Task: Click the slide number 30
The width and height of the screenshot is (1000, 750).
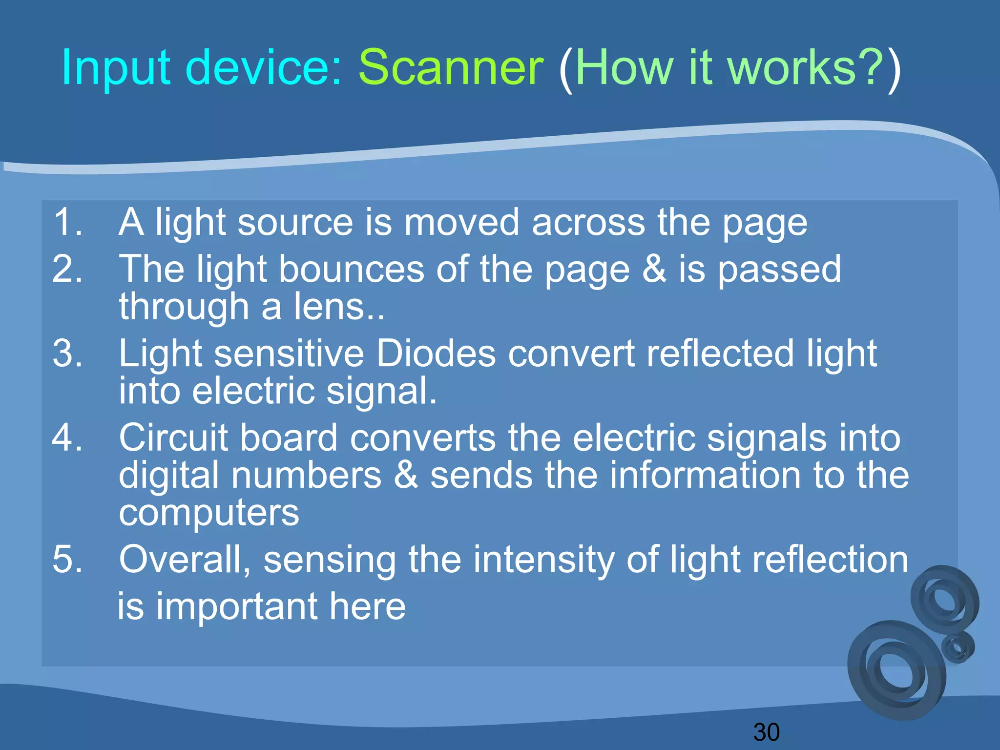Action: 766,732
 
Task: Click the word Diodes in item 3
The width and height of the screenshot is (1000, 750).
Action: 436,354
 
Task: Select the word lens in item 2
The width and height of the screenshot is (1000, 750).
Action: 329,308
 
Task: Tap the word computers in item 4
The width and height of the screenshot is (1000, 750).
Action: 209,514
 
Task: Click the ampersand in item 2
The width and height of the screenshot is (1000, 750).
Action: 654,269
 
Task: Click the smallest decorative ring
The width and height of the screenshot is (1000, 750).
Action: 958,647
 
